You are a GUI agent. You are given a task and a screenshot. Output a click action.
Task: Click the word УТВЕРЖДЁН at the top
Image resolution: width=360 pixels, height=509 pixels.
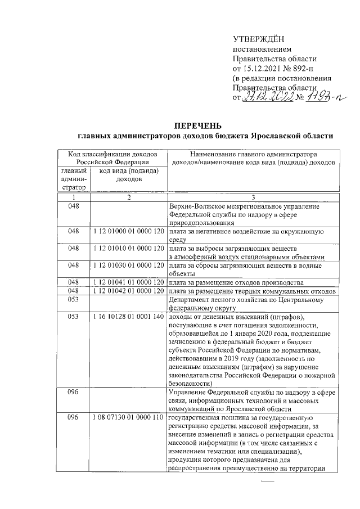coord(259,38)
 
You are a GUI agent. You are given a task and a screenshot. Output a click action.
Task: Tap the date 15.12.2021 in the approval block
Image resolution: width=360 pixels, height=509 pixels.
coord(264,68)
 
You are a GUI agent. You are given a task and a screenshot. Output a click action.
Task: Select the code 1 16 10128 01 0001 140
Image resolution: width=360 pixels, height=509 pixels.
coord(128,317)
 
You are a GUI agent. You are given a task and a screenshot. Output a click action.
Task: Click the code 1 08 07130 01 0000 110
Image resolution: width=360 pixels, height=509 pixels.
coord(128,418)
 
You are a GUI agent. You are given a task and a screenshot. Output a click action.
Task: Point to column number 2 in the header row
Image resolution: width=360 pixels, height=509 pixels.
coord(128,197)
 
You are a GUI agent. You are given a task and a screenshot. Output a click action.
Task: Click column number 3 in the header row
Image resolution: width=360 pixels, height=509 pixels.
coord(253,197)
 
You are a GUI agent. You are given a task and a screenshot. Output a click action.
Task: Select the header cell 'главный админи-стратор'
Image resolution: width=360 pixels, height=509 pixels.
coord(74,179)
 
